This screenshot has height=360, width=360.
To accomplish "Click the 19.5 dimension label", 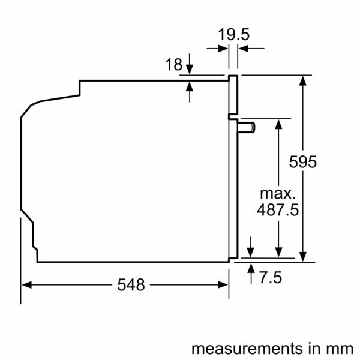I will pos(233,35).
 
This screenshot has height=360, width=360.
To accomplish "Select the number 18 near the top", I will pos(173,65).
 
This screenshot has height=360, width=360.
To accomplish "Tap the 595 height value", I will pos(302,162).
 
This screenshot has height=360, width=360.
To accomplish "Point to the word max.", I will pos(278,193).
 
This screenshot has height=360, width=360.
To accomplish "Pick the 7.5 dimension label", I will pos(271,278).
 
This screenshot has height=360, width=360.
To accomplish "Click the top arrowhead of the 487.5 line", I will pos(278,123).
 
